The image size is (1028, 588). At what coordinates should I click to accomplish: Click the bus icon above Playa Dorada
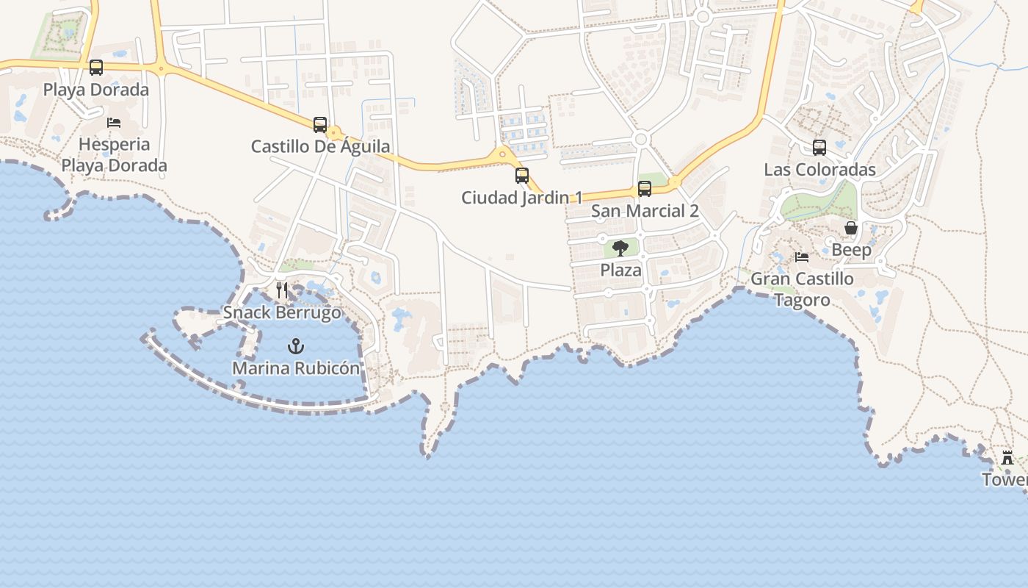coord(96,68)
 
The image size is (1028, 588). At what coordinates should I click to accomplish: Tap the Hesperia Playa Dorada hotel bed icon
coord(114,122)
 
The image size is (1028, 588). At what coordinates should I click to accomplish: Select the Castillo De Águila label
coord(320,146)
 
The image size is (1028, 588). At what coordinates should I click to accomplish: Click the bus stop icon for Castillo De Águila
coord(320,125)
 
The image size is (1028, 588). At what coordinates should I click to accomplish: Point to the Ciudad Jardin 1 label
coord(521,198)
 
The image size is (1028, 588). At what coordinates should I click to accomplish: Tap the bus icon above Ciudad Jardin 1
coord(522,176)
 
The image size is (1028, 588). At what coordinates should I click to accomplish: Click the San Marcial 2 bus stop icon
coord(645,189)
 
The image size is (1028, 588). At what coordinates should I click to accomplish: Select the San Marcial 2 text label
coord(645,212)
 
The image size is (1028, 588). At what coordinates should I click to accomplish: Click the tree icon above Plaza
coord(620,248)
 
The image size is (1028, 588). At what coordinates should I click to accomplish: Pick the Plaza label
coord(620,270)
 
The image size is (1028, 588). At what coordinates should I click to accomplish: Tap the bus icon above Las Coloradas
coord(819,148)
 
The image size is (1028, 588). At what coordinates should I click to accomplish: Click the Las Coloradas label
coord(819,170)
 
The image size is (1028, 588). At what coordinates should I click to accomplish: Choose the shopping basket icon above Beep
coord(851,228)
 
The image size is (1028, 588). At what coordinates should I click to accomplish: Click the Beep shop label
coord(851,250)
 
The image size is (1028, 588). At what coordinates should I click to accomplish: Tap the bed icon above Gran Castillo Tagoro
coord(802,257)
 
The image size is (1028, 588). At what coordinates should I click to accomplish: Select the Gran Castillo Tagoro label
coord(802,290)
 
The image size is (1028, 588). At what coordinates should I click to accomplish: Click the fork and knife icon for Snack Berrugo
coord(282,290)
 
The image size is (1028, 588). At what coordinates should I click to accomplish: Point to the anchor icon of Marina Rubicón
coord(296,345)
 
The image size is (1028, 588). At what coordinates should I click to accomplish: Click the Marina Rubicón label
coord(296,368)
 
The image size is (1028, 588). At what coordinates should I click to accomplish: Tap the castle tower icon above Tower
coord(1007,457)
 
